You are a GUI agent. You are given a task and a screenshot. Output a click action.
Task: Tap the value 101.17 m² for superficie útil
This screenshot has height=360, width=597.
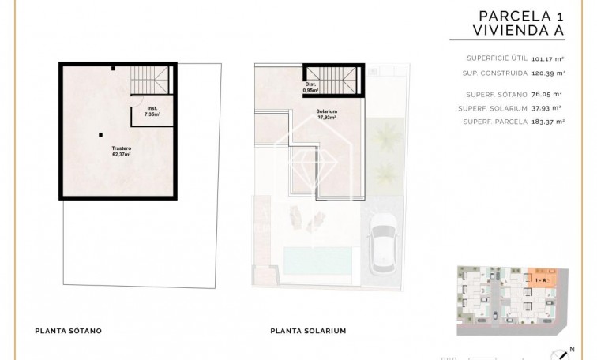click(546, 58)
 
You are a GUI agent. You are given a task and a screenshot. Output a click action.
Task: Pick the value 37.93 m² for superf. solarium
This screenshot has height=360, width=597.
click(547, 107)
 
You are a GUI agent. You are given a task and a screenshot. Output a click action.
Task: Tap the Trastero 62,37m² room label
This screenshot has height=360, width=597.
click(121, 150)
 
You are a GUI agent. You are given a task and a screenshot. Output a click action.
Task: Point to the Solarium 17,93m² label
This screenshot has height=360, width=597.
click(326, 114)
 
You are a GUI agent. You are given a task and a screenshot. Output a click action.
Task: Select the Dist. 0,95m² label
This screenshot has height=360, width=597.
click(311, 88)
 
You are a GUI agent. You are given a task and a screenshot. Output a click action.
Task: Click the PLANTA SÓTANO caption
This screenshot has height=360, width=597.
click(67, 332)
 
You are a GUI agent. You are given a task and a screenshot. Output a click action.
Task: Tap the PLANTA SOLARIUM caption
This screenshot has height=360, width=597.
click(308, 332)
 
